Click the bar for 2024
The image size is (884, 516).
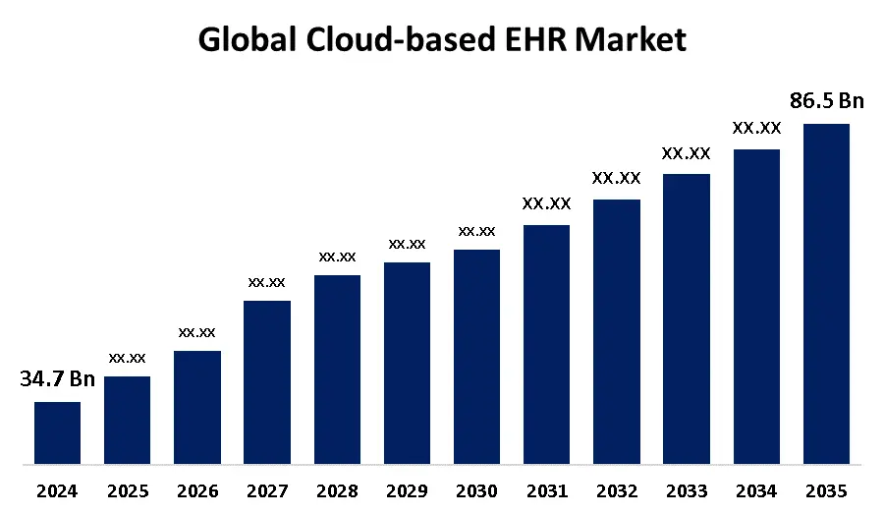(57, 432)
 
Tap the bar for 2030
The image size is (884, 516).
(476, 356)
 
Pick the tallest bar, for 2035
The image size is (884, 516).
(826, 293)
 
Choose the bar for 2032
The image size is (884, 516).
(617, 331)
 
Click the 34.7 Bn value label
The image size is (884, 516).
(57, 379)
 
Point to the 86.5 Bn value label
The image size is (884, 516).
(826, 100)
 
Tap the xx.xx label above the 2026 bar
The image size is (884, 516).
(196, 332)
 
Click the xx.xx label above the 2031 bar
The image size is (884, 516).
(546, 204)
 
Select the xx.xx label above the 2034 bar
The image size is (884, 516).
(756, 128)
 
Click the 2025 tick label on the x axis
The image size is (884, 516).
(127, 490)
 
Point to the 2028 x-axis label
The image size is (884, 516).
(337, 490)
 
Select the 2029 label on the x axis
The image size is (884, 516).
(407, 490)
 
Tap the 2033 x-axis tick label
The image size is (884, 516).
(687, 490)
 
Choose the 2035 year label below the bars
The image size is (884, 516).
(826, 490)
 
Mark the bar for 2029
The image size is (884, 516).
(407, 363)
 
